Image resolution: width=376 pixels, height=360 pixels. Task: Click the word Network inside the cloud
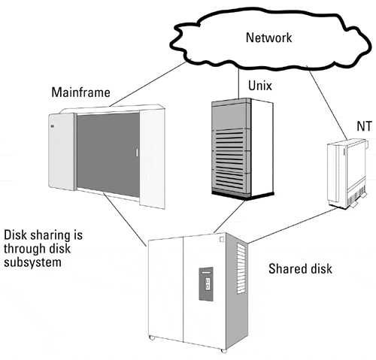(268, 38)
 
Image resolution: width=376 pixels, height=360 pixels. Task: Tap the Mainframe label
(80, 92)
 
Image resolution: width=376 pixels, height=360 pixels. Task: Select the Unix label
(260, 86)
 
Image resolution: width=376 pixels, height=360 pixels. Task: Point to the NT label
(364, 126)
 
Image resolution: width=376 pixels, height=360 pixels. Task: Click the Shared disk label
(300, 269)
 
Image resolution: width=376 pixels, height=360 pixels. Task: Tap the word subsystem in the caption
(32, 262)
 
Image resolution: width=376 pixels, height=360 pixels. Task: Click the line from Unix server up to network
(238, 83)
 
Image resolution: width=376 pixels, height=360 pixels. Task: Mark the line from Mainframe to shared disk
(125, 219)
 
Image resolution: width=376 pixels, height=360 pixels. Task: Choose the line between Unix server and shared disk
(229, 216)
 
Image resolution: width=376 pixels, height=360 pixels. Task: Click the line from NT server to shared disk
(293, 225)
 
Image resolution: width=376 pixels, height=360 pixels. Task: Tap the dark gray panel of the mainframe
(108, 155)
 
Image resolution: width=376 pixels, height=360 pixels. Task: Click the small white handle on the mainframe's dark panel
(137, 153)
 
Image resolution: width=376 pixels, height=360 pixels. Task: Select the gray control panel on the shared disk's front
(206, 284)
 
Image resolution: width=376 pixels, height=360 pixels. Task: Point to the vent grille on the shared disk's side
(241, 268)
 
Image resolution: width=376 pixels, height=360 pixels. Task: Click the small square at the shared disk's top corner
(222, 240)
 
